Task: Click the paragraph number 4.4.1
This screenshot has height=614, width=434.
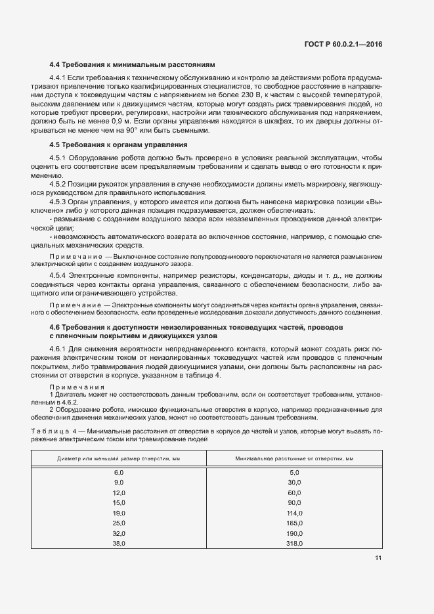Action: click(x=60, y=78)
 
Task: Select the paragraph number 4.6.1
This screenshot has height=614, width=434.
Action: click(x=60, y=349)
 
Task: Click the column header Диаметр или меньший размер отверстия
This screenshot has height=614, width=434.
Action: click(x=119, y=458)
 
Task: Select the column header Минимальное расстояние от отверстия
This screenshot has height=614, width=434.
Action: click(x=294, y=458)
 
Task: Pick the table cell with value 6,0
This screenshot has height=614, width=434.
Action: click(x=119, y=472)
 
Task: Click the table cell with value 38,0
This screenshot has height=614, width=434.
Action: click(x=119, y=543)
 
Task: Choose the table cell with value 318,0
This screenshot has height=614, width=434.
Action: click(x=293, y=543)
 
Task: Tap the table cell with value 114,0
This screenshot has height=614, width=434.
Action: click(x=293, y=513)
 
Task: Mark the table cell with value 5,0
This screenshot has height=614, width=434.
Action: click(x=293, y=472)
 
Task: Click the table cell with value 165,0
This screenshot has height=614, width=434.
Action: click(x=293, y=523)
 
